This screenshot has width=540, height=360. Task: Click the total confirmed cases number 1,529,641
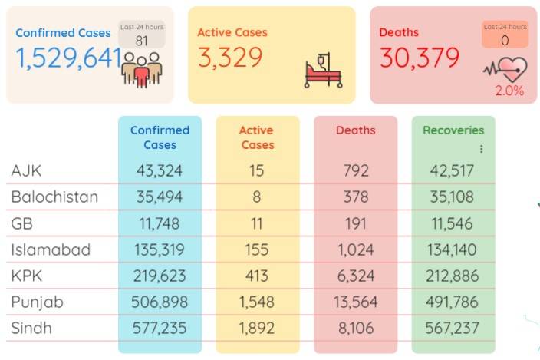tap(68, 58)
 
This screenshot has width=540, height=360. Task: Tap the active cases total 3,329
tap(230, 58)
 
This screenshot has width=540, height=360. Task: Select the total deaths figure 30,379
tap(420, 58)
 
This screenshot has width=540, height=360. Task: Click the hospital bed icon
tap(323, 71)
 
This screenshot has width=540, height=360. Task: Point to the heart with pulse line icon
tap(505, 69)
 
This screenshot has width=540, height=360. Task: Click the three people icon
tap(142, 70)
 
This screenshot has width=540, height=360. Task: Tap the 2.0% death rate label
tap(509, 91)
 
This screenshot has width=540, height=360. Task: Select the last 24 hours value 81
tap(142, 41)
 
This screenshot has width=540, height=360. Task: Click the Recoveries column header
tap(453, 130)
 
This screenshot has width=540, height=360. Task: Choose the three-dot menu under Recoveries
tap(481, 149)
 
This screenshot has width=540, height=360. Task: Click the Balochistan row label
tap(54, 197)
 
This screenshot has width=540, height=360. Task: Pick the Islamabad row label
tap(51, 249)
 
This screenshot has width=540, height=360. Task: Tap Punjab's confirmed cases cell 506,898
tap(160, 302)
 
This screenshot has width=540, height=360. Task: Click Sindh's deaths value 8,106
tap(356, 328)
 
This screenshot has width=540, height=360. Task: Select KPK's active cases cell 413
tap(256, 276)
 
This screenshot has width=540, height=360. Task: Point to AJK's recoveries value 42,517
tap(452, 171)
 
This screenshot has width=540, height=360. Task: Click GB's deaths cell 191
tap(356, 223)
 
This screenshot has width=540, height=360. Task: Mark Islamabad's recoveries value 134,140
tap(452, 249)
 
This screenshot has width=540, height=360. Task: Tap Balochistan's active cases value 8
tap(256, 197)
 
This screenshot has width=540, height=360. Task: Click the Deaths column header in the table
tap(355, 130)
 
